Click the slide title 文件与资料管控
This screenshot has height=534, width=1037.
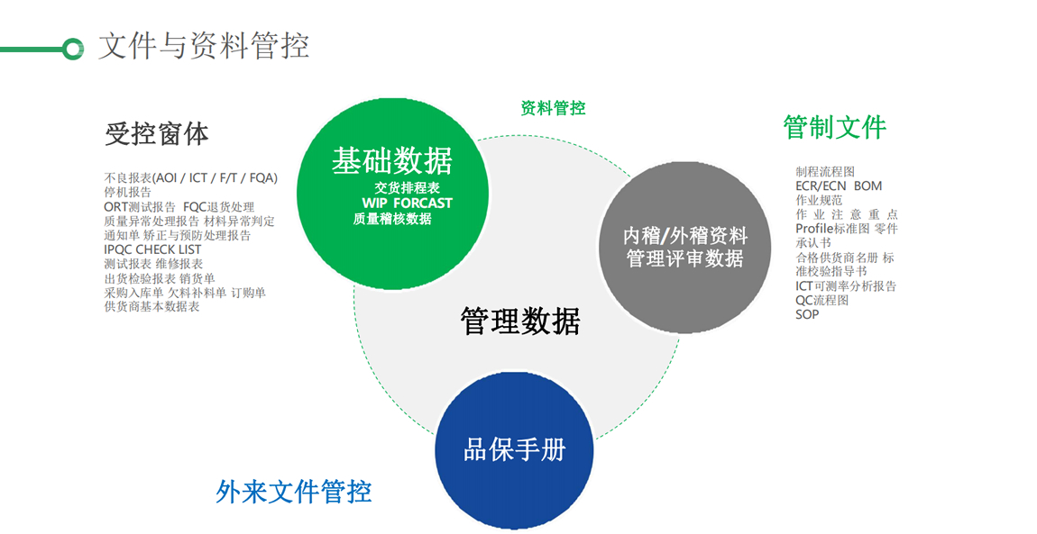point(203,45)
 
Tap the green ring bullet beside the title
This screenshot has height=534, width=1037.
point(73,49)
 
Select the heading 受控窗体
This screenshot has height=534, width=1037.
point(157,134)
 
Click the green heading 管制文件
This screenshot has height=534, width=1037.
point(834,127)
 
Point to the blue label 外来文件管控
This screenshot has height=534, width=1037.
point(294,492)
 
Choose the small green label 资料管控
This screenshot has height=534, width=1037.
point(553,108)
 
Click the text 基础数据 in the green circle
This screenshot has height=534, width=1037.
point(391,161)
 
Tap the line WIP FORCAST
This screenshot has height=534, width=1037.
point(408,204)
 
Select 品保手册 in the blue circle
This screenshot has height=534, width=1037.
point(514,450)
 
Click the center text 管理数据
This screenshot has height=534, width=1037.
point(519,321)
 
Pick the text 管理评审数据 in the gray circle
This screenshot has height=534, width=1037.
point(685,258)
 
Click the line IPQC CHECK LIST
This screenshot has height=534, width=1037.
point(152,249)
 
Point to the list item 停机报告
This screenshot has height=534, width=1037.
point(128,193)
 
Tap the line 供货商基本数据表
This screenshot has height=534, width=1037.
point(151,307)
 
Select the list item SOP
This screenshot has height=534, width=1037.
point(807,314)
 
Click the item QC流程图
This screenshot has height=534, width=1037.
point(821,301)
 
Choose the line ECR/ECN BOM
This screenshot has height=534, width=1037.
point(839,186)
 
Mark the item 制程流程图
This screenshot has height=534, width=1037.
point(824,171)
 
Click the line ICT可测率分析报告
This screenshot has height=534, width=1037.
point(845,286)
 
